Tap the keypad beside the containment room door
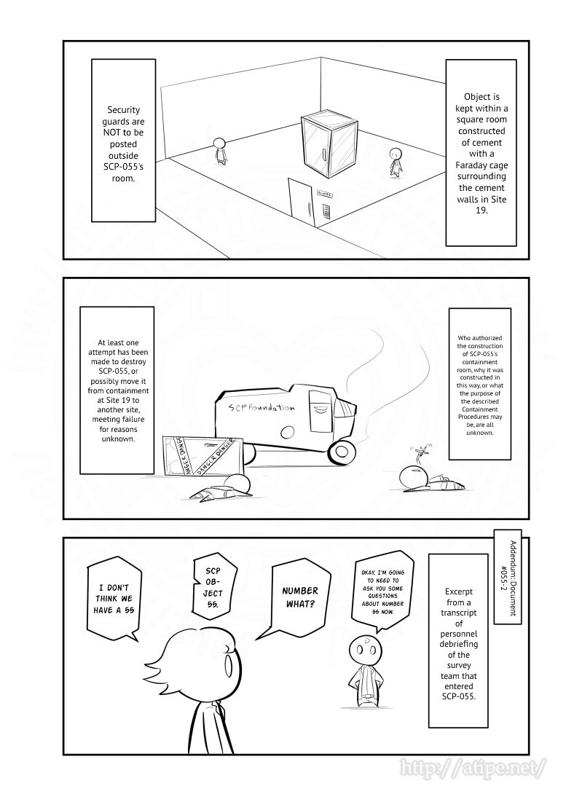click(x=327, y=211)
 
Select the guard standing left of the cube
click(x=219, y=150)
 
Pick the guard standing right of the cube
click(x=396, y=162)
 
